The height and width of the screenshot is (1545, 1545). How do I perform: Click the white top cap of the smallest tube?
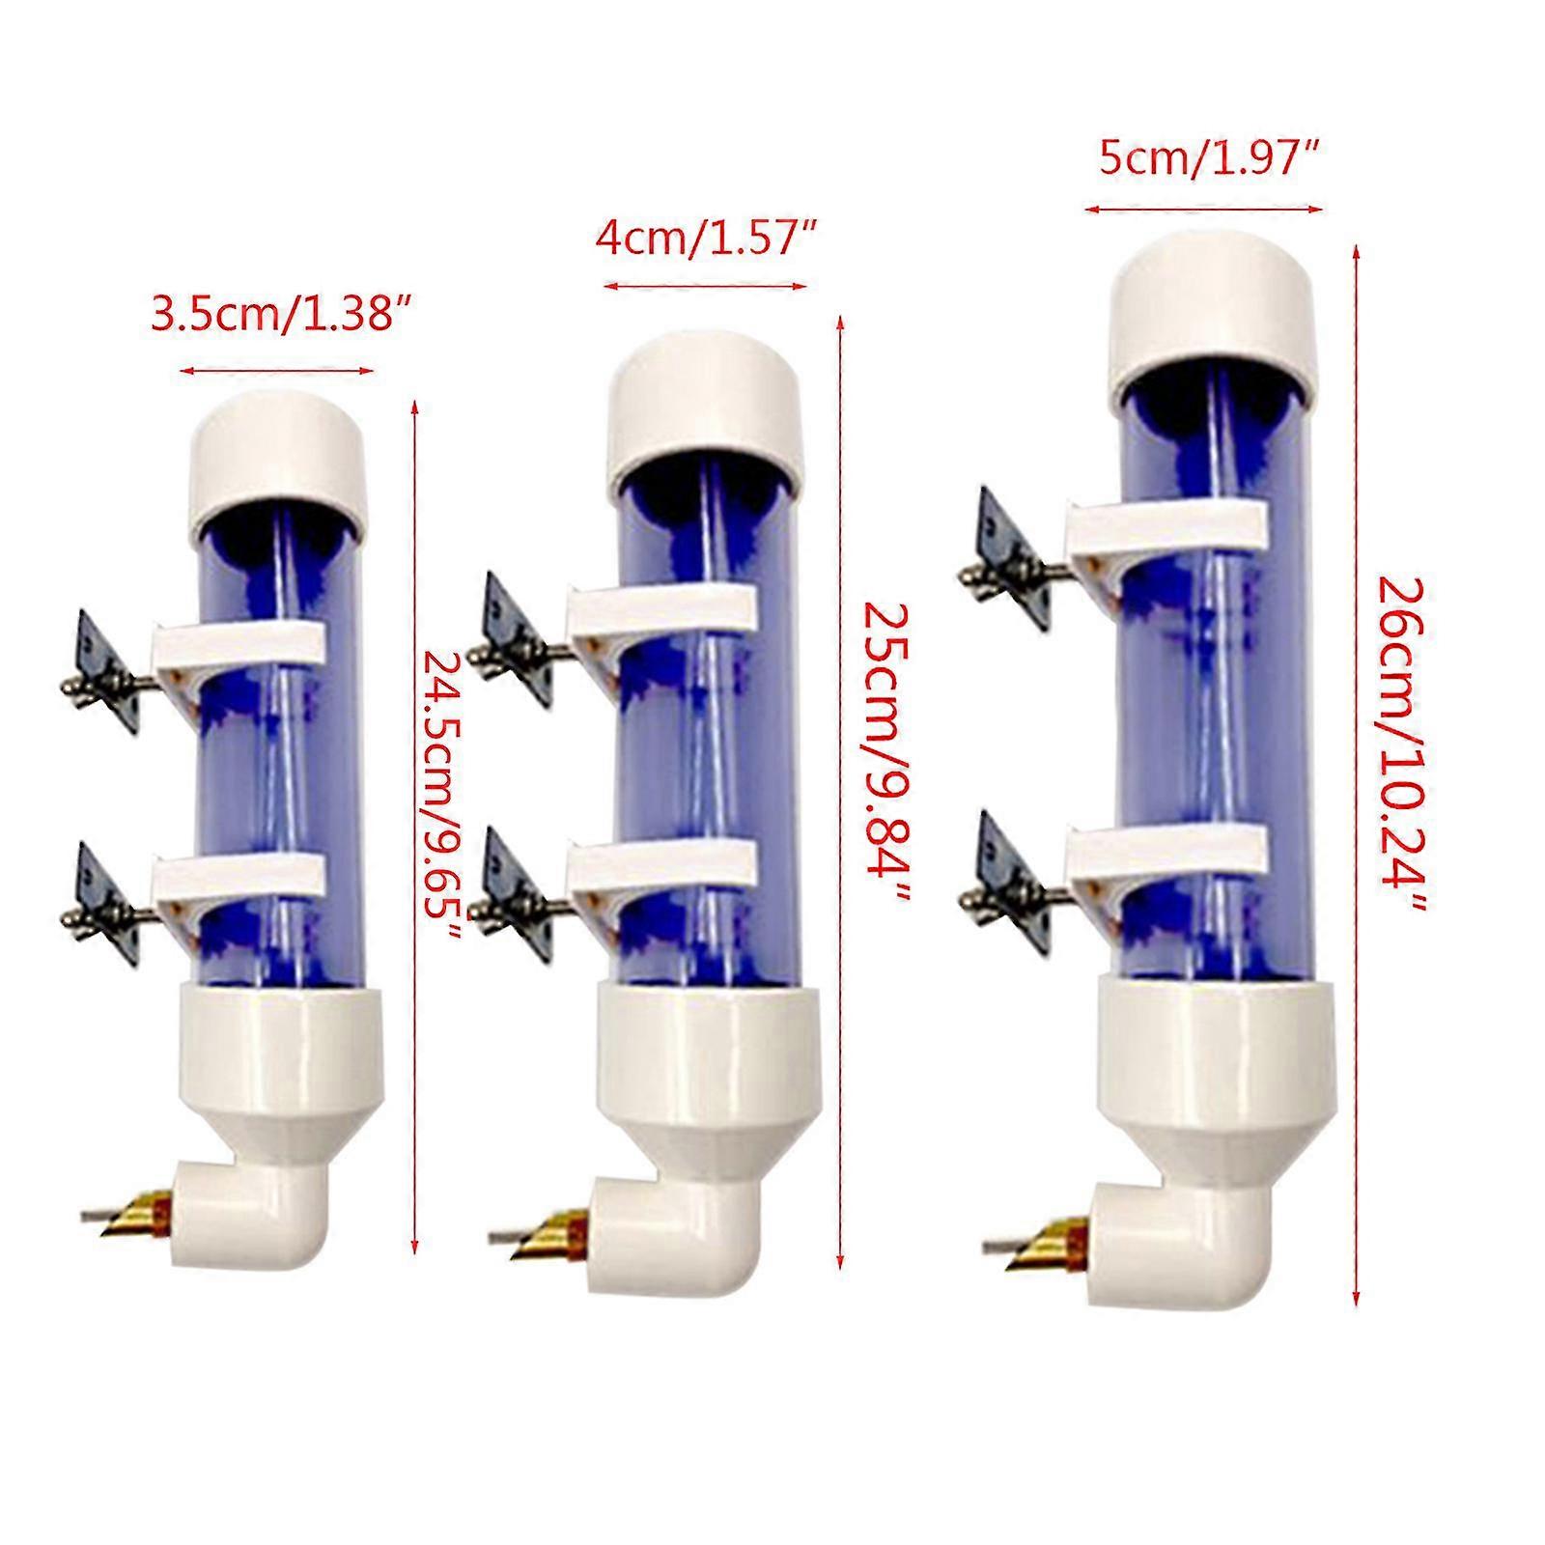[280, 455]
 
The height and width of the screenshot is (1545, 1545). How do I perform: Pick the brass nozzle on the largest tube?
[1060, 1244]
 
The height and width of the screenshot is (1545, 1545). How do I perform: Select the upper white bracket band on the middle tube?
[662, 607]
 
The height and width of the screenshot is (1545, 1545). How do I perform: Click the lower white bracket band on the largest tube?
[1165, 847]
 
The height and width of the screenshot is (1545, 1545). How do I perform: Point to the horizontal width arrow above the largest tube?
[1202, 208]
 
